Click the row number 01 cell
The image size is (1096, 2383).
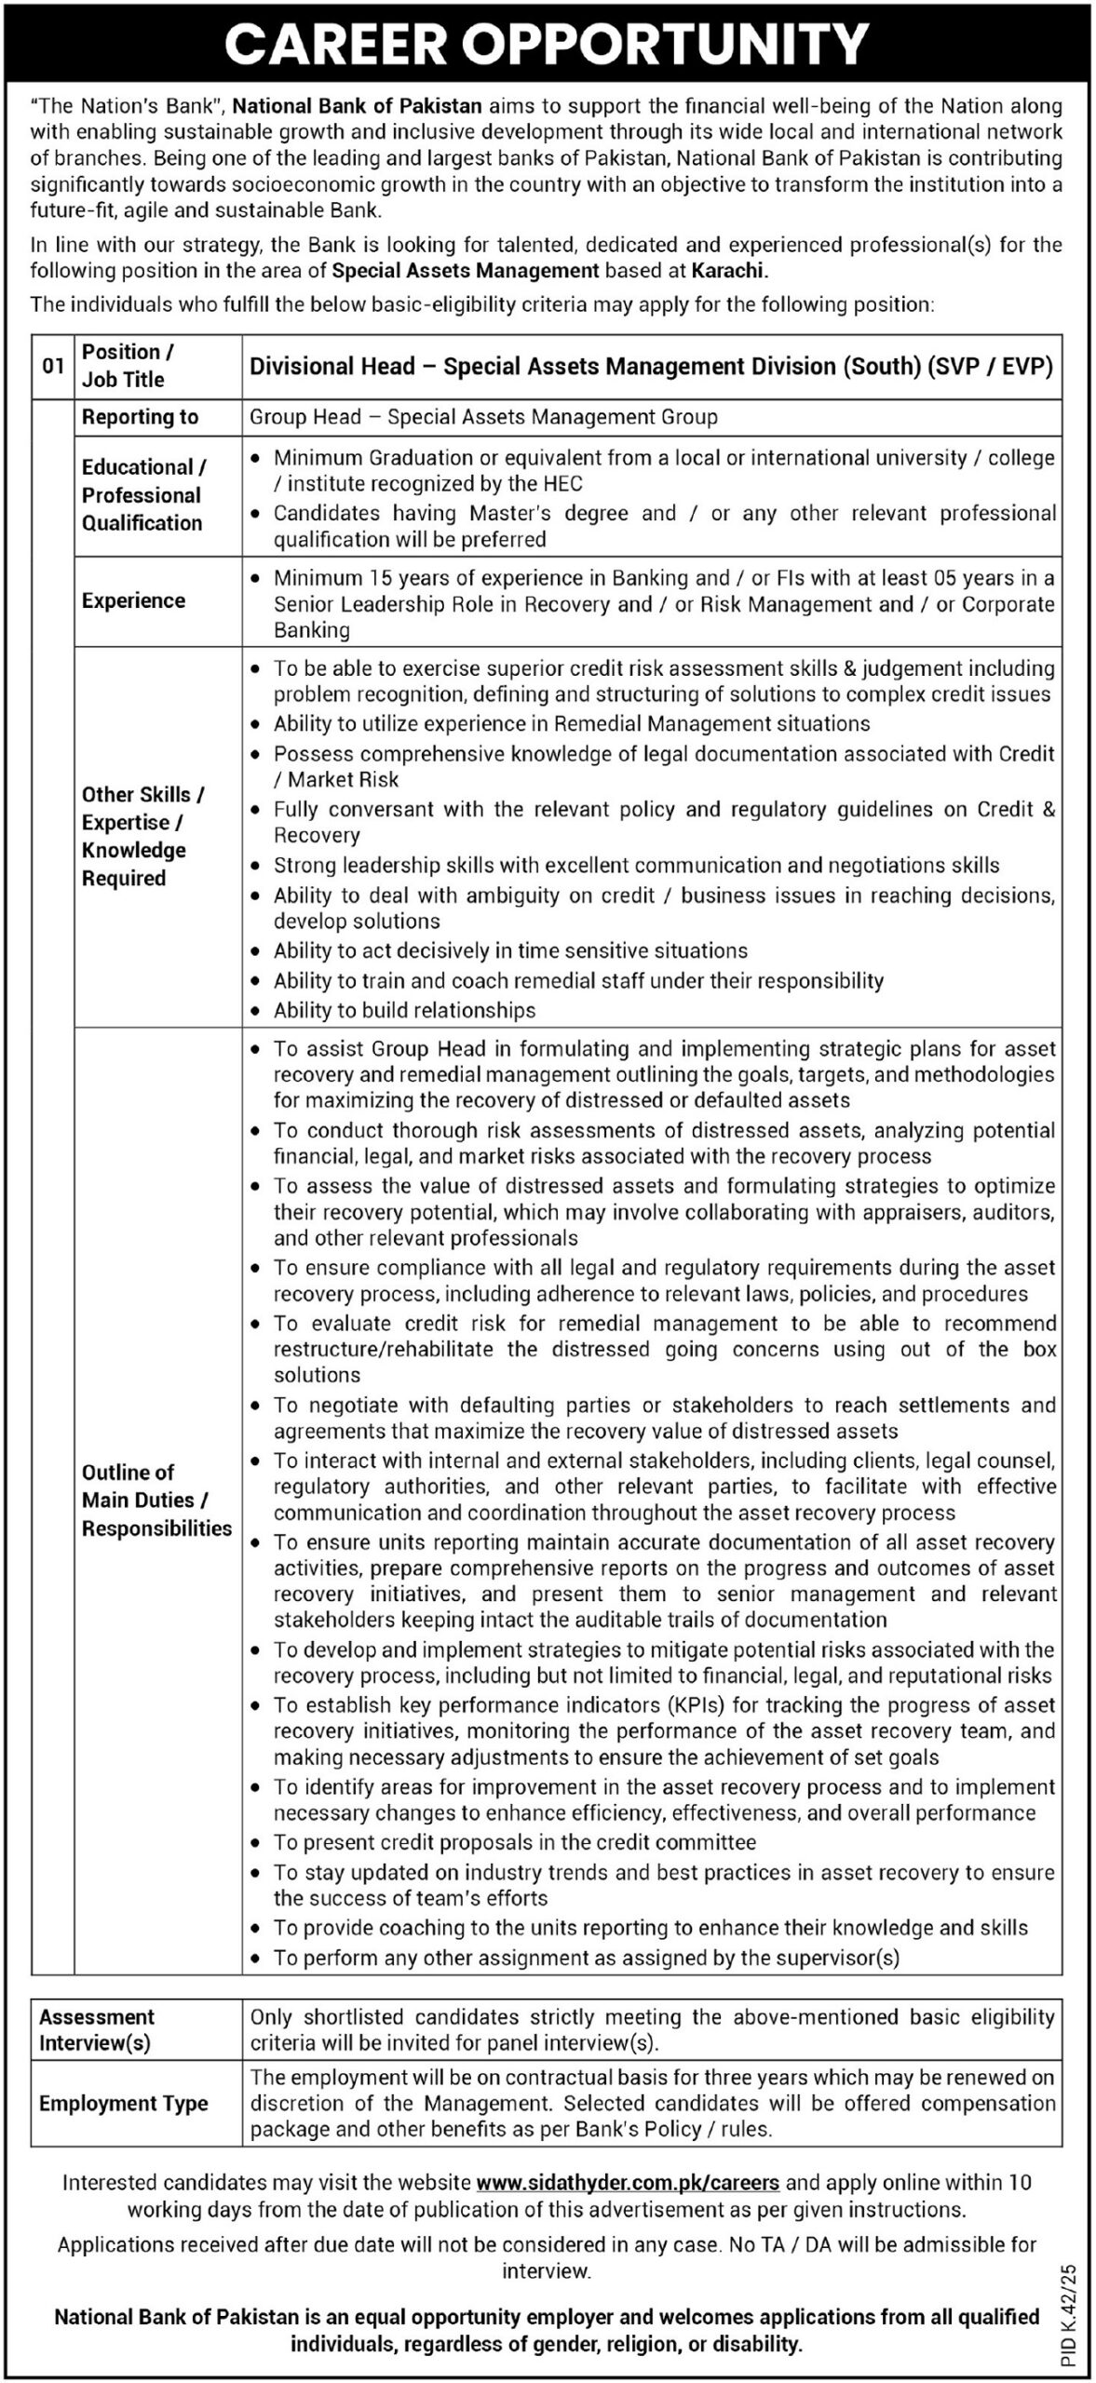[53, 367]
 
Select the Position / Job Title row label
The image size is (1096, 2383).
[124, 366]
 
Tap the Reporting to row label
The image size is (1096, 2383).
[140, 417]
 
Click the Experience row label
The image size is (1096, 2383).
[133, 600]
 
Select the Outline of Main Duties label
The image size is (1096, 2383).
[156, 1500]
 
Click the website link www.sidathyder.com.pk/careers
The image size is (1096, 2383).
[628, 2181]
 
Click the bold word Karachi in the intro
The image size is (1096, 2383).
[727, 271]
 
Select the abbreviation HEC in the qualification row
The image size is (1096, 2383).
[561, 483]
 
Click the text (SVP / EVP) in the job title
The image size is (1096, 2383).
[990, 367]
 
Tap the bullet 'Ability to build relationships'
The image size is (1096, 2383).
[404, 1010]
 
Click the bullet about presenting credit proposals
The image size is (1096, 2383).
[514, 1842]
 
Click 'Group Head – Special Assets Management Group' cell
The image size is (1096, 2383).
[483, 417]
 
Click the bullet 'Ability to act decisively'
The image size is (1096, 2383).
[510, 950]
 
